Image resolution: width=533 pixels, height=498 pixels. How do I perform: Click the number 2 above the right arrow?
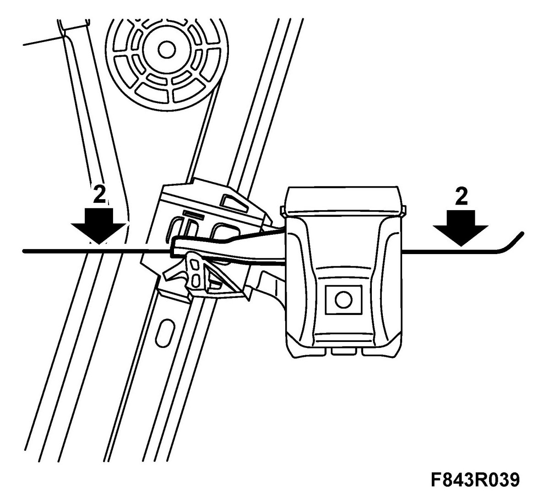coord(462,197)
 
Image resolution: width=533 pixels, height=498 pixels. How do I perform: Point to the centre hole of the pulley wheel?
coord(167,48)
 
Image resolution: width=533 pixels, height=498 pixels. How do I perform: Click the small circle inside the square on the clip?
coord(343,300)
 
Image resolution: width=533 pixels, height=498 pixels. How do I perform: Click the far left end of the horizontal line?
coord(25,250)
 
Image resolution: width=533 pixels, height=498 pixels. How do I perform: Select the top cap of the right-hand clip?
coord(343,201)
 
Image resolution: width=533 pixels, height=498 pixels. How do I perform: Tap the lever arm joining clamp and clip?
coord(229,243)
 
